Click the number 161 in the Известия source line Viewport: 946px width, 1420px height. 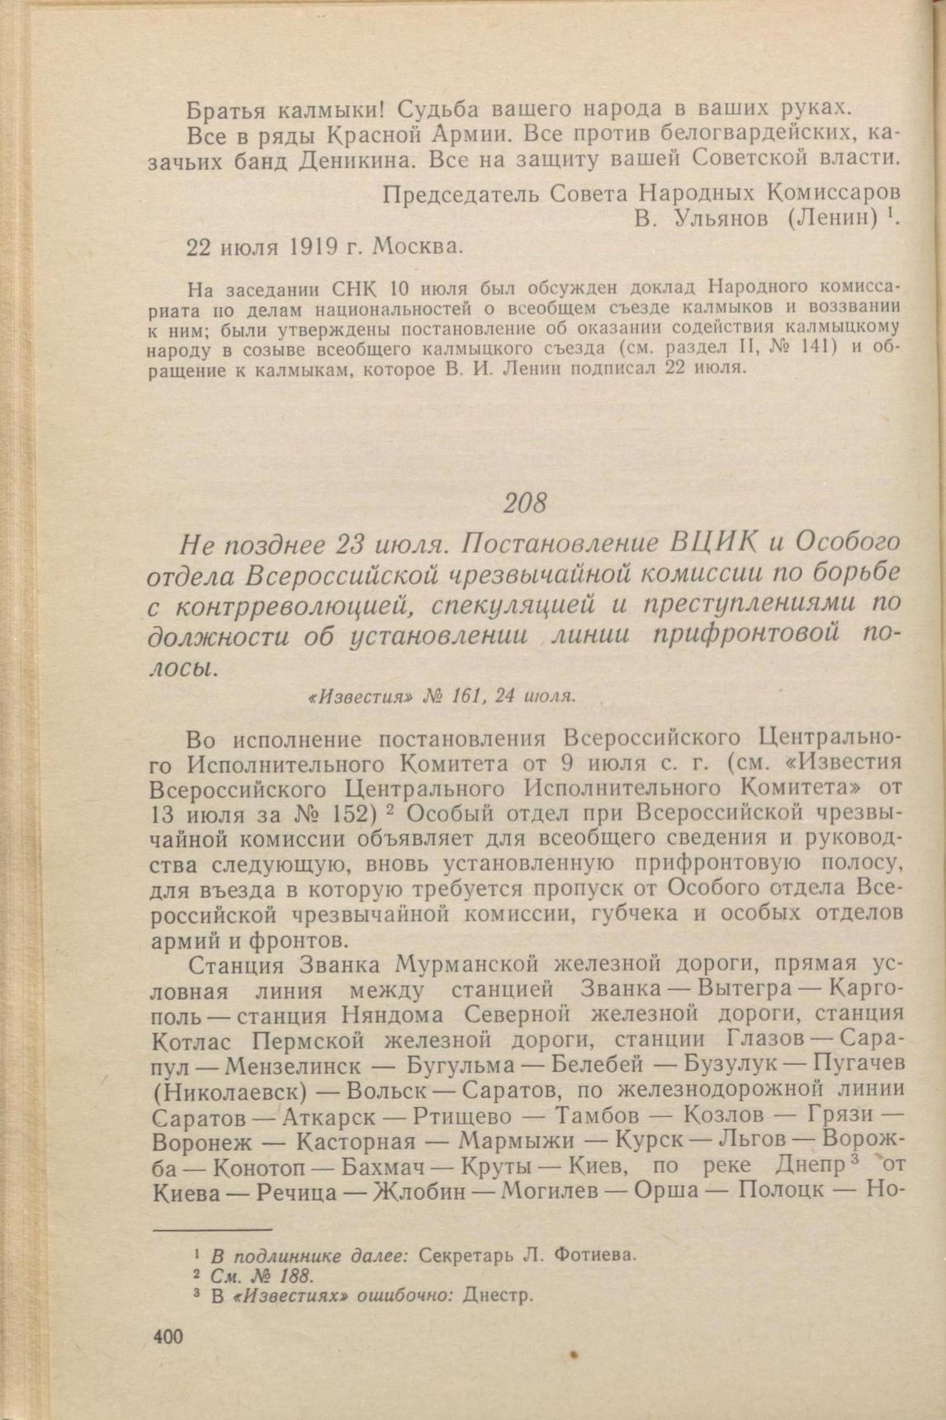point(467,696)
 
